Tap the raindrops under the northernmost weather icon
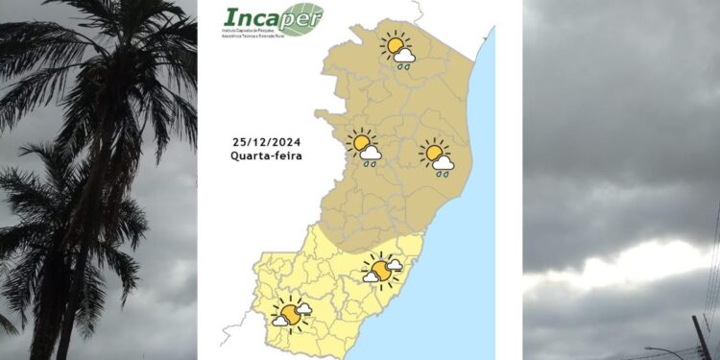405,67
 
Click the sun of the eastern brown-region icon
434,153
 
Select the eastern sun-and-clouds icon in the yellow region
382,271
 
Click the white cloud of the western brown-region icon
372,153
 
